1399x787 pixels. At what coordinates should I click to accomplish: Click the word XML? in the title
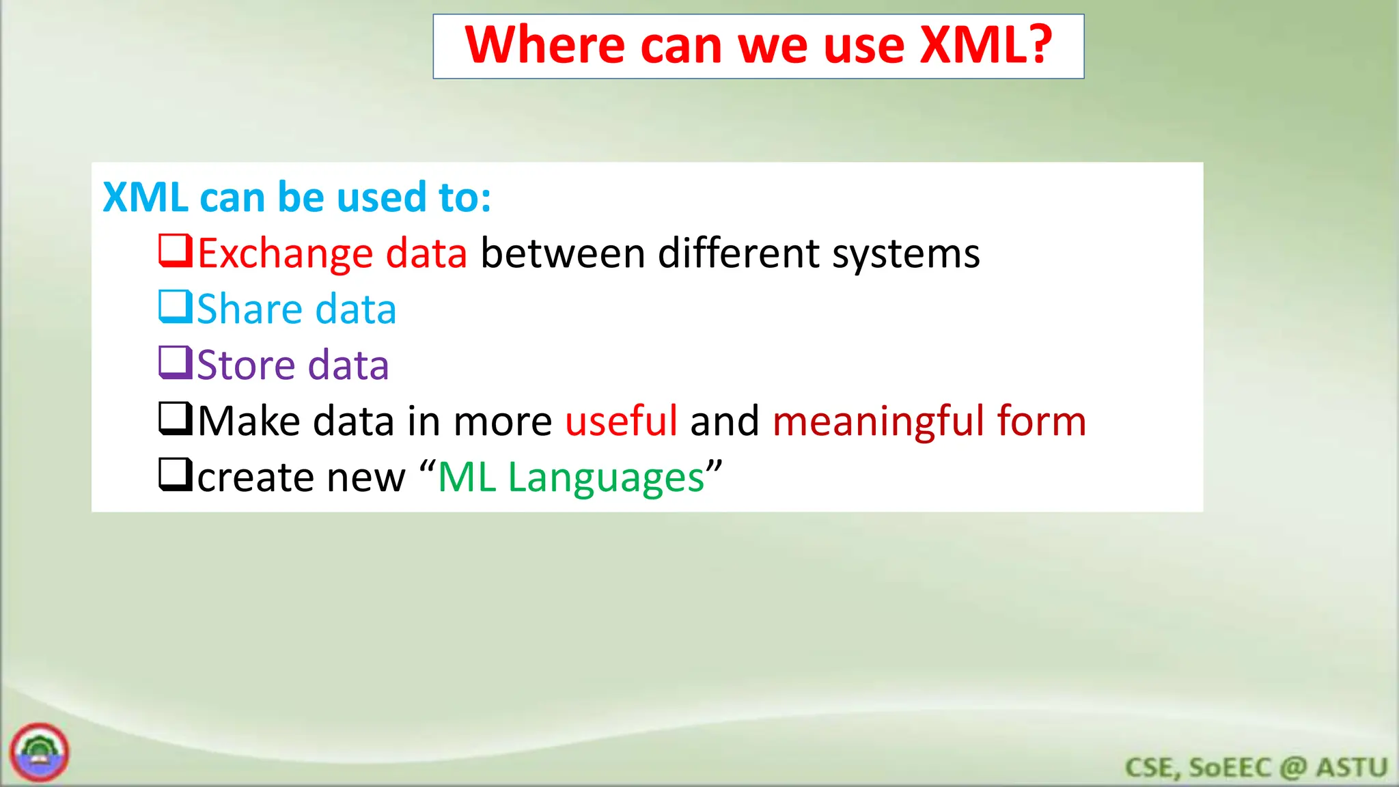[x=985, y=45]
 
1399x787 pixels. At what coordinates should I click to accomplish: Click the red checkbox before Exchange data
[x=176, y=251]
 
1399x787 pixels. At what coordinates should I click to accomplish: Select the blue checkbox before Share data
[x=176, y=307]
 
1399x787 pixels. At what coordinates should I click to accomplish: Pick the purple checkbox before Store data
[x=176, y=363]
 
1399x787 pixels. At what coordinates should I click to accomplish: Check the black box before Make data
[x=176, y=419]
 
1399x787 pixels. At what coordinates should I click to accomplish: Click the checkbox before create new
[x=176, y=475]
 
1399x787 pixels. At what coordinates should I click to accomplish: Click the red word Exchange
[x=285, y=254]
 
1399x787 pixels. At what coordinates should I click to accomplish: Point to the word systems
[x=906, y=254]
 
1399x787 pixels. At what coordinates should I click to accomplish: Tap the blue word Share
[x=249, y=309]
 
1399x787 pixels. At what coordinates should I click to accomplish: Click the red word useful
[x=621, y=421]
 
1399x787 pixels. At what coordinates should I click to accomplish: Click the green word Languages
[x=606, y=478]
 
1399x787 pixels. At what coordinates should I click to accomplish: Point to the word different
[x=738, y=254]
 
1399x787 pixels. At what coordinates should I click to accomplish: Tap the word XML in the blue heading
[x=146, y=197]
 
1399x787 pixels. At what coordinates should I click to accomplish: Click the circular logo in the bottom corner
[x=40, y=752]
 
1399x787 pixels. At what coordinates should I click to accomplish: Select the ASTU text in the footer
[x=1352, y=767]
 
